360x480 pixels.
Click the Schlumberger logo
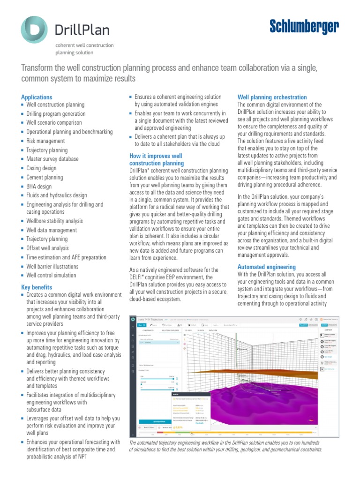point(304,28)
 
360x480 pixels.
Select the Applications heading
point(37,97)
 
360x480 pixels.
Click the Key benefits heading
point(37,287)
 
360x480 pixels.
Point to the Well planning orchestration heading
point(272,97)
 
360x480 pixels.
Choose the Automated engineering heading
point(266,267)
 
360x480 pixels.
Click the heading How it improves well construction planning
point(156,159)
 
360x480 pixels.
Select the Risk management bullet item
point(45,141)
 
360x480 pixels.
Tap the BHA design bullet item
point(39,187)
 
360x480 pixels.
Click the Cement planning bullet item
point(45,178)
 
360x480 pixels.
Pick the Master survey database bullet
point(52,159)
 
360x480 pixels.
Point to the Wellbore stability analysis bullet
point(54,221)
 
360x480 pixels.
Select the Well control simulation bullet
point(51,276)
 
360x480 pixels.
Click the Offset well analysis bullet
point(47,248)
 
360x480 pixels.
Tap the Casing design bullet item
point(41,168)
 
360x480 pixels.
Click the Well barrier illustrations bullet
point(52,267)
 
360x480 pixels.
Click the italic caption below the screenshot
point(225,446)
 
